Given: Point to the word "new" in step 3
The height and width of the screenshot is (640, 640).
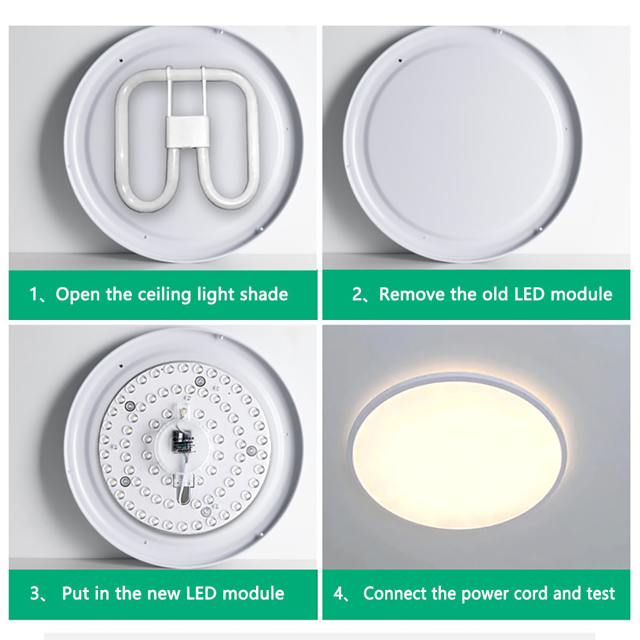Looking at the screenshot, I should tap(164, 593).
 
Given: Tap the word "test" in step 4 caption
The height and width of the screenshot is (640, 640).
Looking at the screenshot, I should tap(600, 593).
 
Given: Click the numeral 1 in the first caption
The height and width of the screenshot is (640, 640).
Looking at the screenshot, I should tap(34, 295).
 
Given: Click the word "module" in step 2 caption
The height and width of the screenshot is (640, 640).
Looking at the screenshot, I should tap(582, 295).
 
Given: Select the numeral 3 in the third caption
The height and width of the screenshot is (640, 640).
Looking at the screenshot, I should tap(35, 593).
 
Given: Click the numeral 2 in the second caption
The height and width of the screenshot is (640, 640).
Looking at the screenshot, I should tap(357, 295).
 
